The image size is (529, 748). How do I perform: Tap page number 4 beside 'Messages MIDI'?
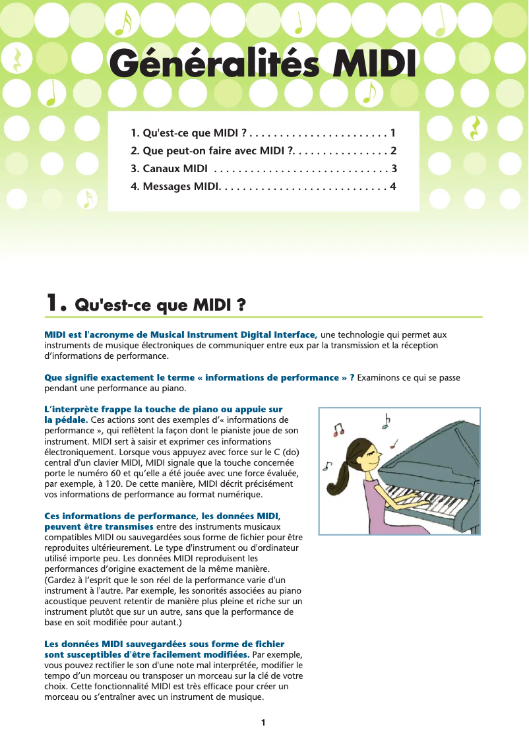(393, 186)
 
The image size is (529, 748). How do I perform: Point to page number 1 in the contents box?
(393, 133)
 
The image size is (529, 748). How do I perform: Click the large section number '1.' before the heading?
(56, 303)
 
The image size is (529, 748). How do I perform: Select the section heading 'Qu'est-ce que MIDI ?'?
(161, 305)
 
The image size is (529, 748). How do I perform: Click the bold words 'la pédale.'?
(66, 420)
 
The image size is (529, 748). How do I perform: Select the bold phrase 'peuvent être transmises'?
(99, 526)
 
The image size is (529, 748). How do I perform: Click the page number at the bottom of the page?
(263, 722)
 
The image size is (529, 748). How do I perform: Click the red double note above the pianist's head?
(339, 431)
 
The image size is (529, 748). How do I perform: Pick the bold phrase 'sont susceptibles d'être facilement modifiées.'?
(146, 654)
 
